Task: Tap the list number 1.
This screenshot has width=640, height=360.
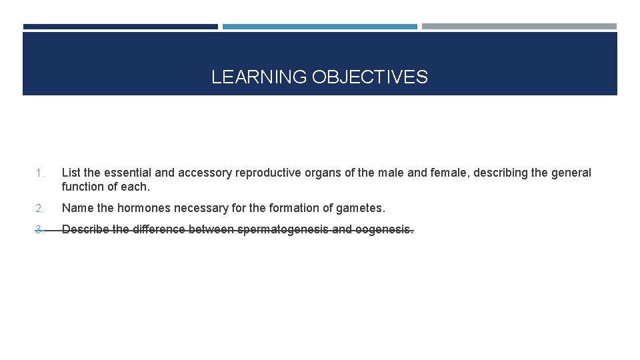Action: [39, 173]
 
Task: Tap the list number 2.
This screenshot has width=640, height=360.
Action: [39, 209]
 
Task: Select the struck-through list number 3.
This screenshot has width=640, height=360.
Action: [39, 230]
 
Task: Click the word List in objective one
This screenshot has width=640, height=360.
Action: [71, 173]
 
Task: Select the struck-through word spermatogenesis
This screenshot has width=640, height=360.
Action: [284, 230]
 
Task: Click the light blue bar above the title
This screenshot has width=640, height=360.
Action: [319, 27]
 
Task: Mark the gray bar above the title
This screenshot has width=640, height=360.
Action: [519, 27]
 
